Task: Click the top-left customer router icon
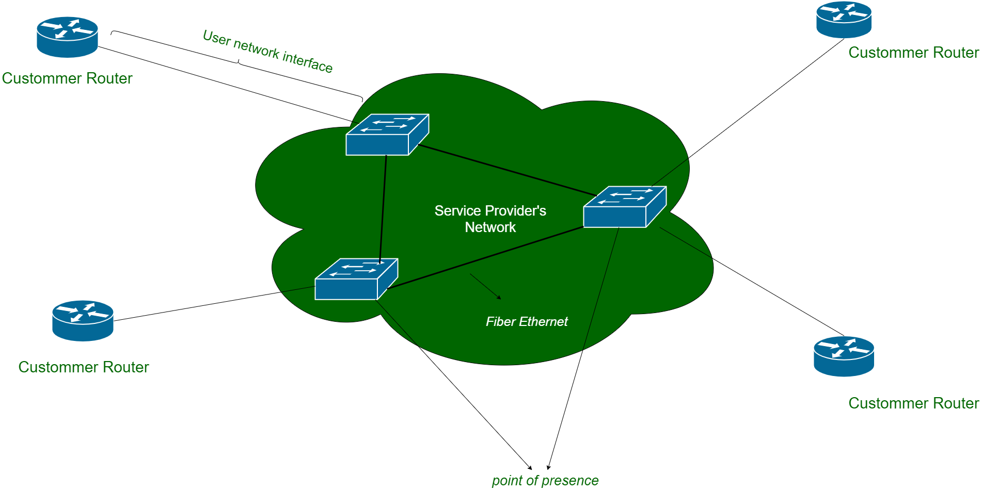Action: [67, 37]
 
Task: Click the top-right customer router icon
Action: [844, 20]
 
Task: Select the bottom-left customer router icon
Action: [83, 321]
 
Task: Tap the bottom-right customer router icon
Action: [844, 356]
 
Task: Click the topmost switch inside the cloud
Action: [387, 135]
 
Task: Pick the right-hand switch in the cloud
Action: [624, 207]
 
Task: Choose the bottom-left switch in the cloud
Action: [356, 279]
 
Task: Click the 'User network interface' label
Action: [267, 51]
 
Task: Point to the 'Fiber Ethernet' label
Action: [527, 322]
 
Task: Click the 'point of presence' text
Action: [545, 481]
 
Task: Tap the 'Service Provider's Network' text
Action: [490, 219]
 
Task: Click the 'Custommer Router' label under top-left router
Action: [67, 78]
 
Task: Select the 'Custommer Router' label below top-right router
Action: [913, 53]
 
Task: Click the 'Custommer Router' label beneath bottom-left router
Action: [84, 367]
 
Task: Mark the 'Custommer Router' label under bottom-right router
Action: [913, 403]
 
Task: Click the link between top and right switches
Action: [506, 170]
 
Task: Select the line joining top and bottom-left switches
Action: [383, 206]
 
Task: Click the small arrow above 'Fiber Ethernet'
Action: [485, 286]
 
